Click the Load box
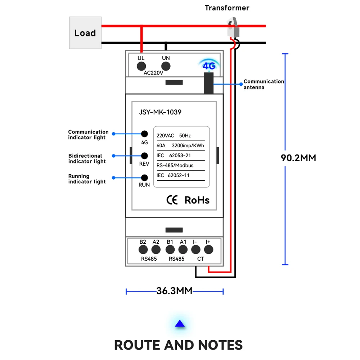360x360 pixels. (85, 33)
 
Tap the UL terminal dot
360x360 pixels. (141, 66)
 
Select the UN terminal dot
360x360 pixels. (166, 66)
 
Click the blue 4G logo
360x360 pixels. (209, 66)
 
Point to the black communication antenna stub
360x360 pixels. (208, 83)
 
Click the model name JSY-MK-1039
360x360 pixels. (160, 112)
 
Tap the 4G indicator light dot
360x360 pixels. (144, 134)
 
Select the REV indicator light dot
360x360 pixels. (144, 156)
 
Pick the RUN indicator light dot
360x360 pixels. (144, 178)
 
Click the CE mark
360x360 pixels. (172, 200)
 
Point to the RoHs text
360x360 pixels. (197, 200)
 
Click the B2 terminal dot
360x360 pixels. (143, 249)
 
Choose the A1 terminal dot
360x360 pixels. (183, 249)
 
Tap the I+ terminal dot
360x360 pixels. (209, 249)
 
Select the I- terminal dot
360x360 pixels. (196, 249)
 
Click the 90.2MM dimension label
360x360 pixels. (298, 158)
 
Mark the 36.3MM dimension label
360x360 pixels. (175, 291)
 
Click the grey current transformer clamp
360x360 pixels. (233, 27)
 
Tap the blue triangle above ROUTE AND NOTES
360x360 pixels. (180, 324)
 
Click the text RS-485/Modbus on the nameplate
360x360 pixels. (175, 165)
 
